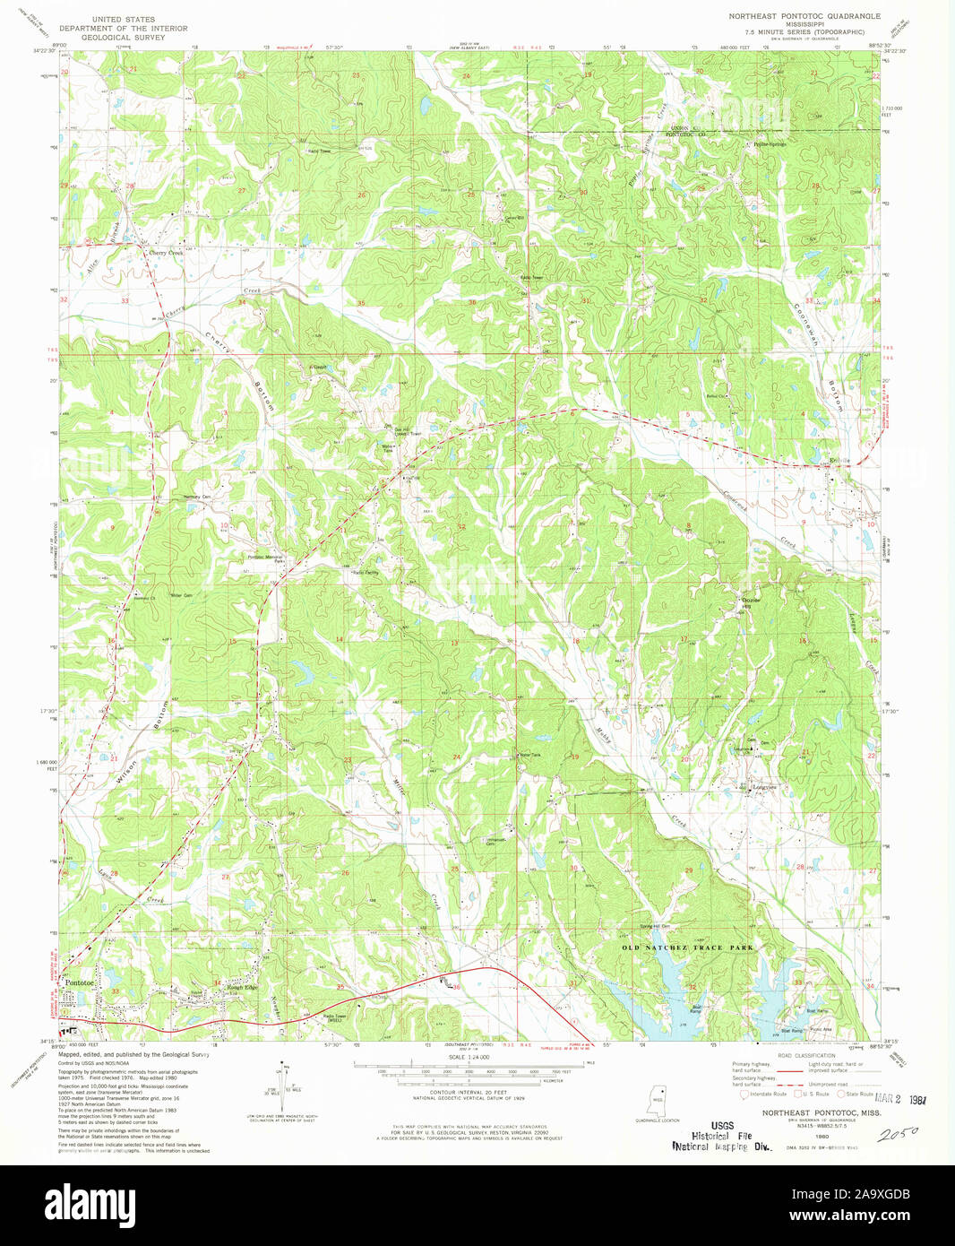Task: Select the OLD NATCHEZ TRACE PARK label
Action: [x=687, y=947]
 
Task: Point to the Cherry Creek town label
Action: [x=165, y=254]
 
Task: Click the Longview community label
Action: [x=763, y=788]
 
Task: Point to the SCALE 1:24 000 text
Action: [x=469, y=1057]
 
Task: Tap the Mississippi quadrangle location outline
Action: [x=658, y=1097]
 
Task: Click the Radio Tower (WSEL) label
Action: [x=334, y=1018]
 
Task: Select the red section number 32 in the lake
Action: [x=693, y=987]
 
